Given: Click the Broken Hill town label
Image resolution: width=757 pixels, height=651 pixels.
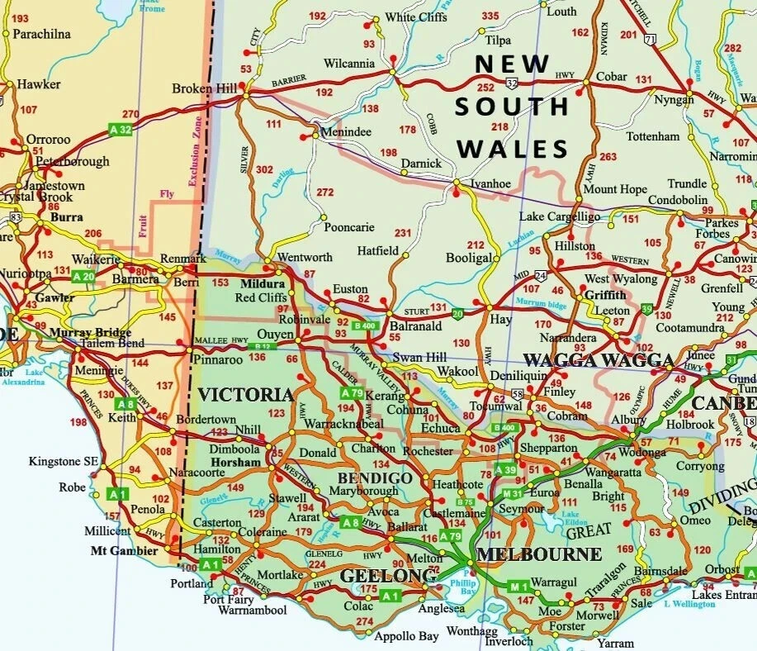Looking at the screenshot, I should click(x=204, y=88).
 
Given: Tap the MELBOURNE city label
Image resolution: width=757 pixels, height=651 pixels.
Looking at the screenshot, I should click(x=539, y=554).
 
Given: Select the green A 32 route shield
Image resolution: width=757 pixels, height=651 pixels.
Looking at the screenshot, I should click(x=121, y=130).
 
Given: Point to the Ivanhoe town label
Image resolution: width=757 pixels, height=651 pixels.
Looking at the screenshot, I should click(x=491, y=183).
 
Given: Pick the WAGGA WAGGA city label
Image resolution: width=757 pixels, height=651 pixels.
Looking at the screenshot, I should click(x=599, y=360).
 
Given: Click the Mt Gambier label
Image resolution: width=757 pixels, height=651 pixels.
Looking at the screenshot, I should click(x=124, y=550).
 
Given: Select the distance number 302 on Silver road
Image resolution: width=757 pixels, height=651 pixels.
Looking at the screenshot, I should click(x=264, y=169).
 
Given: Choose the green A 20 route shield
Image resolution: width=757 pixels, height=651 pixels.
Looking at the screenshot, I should click(x=83, y=277).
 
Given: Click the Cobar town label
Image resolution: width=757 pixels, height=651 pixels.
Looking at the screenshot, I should click(x=612, y=76).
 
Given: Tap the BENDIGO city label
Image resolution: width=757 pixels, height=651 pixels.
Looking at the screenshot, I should click(x=375, y=478).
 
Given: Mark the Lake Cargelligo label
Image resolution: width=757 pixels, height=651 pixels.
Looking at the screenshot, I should click(x=559, y=216).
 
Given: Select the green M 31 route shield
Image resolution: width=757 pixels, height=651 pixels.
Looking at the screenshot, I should click(x=512, y=494).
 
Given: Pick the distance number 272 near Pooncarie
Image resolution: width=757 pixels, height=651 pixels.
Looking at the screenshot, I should click(x=325, y=192).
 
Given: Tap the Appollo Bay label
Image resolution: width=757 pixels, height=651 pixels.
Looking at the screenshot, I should click(x=406, y=637).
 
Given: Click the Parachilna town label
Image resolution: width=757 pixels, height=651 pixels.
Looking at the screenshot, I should click(x=41, y=35).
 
